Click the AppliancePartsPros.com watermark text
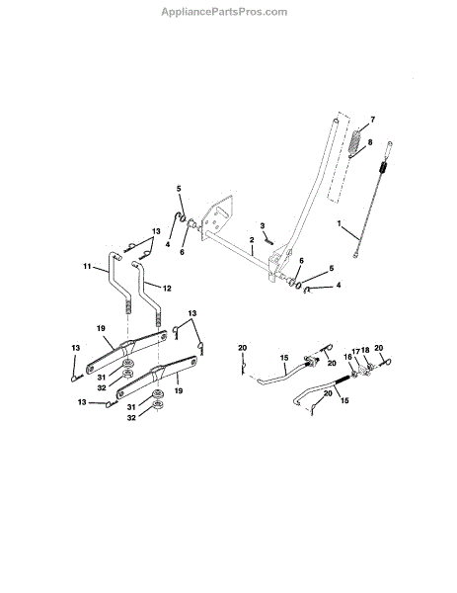[x=224, y=12]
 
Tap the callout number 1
[x=340, y=223]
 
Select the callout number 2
[x=252, y=240]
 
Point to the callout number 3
[x=263, y=225]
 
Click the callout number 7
[x=373, y=120]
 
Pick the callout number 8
[x=370, y=142]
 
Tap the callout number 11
[x=87, y=267]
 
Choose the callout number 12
[x=167, y=289]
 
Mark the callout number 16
[x=347, y=357]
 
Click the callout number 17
[x=356, y=351]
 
